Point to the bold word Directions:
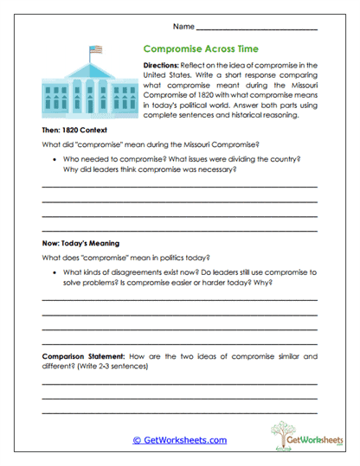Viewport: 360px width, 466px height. [160, 66]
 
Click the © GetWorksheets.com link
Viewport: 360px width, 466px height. [179, 440]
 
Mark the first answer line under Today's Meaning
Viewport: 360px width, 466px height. [179, 300]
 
